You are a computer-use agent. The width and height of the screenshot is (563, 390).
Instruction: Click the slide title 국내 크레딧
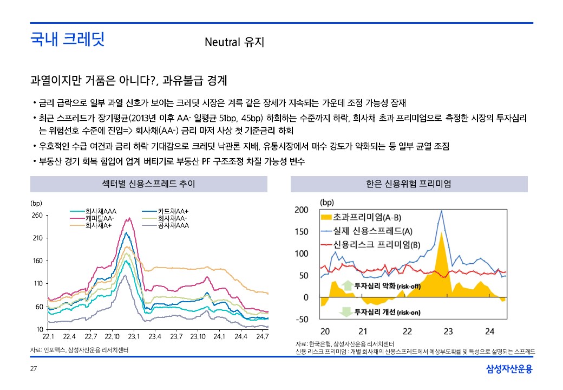point(67,39)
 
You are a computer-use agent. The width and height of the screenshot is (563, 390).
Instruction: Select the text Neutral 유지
point(234,42)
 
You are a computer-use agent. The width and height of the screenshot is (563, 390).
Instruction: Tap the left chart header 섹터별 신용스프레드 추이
point(148,184)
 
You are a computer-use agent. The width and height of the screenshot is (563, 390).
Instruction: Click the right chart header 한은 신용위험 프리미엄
point(409,184)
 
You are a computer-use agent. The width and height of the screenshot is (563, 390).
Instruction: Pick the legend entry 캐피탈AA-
point(100,218)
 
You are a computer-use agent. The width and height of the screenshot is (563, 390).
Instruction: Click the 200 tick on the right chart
point(301,210)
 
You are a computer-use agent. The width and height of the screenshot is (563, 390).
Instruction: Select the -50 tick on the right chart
point(302,320)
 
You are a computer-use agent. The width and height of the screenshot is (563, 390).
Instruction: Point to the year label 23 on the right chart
point(448,331)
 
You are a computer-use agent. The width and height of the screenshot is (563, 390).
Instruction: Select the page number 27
point(33,369)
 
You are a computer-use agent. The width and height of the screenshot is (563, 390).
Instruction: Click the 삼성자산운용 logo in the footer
point(509,369)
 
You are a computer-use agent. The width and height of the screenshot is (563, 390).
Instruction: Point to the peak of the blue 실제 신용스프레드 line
point(442,211)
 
